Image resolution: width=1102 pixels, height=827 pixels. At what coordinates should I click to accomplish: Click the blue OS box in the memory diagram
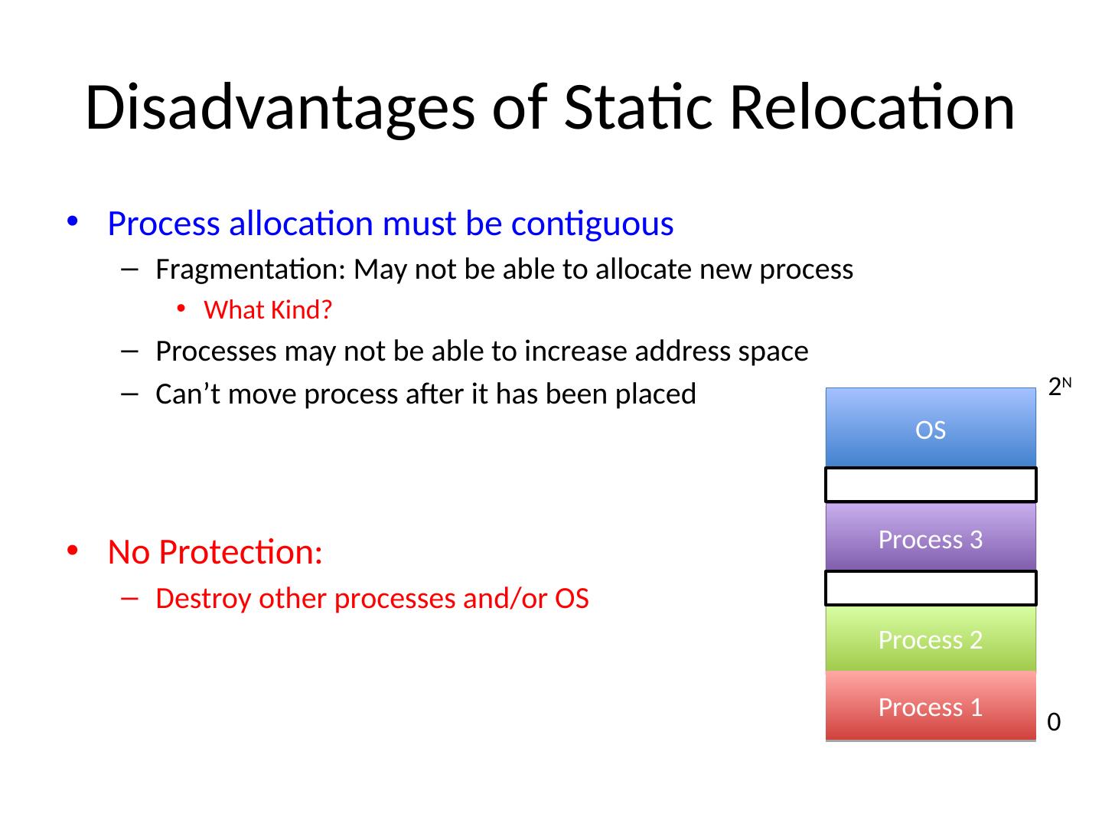tap(931, 427)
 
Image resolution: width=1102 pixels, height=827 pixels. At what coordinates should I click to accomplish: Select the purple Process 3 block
tap(931, 536)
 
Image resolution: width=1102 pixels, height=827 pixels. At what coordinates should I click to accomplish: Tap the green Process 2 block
tap(931, 638)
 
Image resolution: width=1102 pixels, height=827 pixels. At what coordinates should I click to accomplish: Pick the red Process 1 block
tap(931, 705)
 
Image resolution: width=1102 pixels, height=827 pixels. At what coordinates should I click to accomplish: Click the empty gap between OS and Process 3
tap(931, 485)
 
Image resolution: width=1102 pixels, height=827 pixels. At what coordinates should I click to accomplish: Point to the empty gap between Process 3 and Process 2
tap(931, 588)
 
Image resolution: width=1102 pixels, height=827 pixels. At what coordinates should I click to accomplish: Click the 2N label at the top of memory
tap(1059, 387)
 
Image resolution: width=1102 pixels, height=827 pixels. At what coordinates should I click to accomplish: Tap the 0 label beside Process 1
tap(1054, 722)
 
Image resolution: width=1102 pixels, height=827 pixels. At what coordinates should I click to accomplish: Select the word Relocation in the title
tap(872, 107)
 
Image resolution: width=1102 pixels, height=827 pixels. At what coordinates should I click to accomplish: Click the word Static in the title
tap(638, 107)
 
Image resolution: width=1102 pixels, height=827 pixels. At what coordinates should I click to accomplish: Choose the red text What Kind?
tap(268, 310)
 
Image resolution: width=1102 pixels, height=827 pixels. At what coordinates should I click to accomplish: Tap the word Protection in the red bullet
tap(240, 552)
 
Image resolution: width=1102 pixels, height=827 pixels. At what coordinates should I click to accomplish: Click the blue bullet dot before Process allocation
tap(73, 221)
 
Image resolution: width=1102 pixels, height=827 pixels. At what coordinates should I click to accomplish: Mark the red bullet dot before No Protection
tap(73, 551)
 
